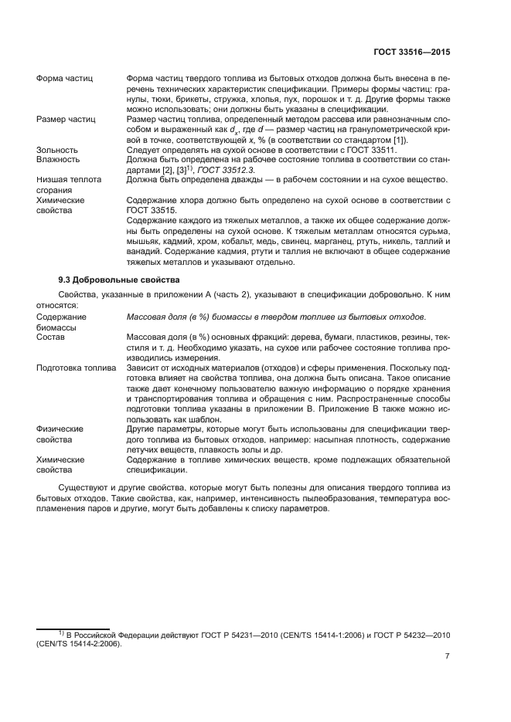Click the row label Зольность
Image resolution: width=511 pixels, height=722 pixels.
coord(57,150)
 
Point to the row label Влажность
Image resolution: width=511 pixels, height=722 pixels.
coord(59,159)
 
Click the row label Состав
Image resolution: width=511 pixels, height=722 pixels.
coord(50,337)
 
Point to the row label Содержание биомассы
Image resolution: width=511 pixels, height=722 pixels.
coord(62,322)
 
